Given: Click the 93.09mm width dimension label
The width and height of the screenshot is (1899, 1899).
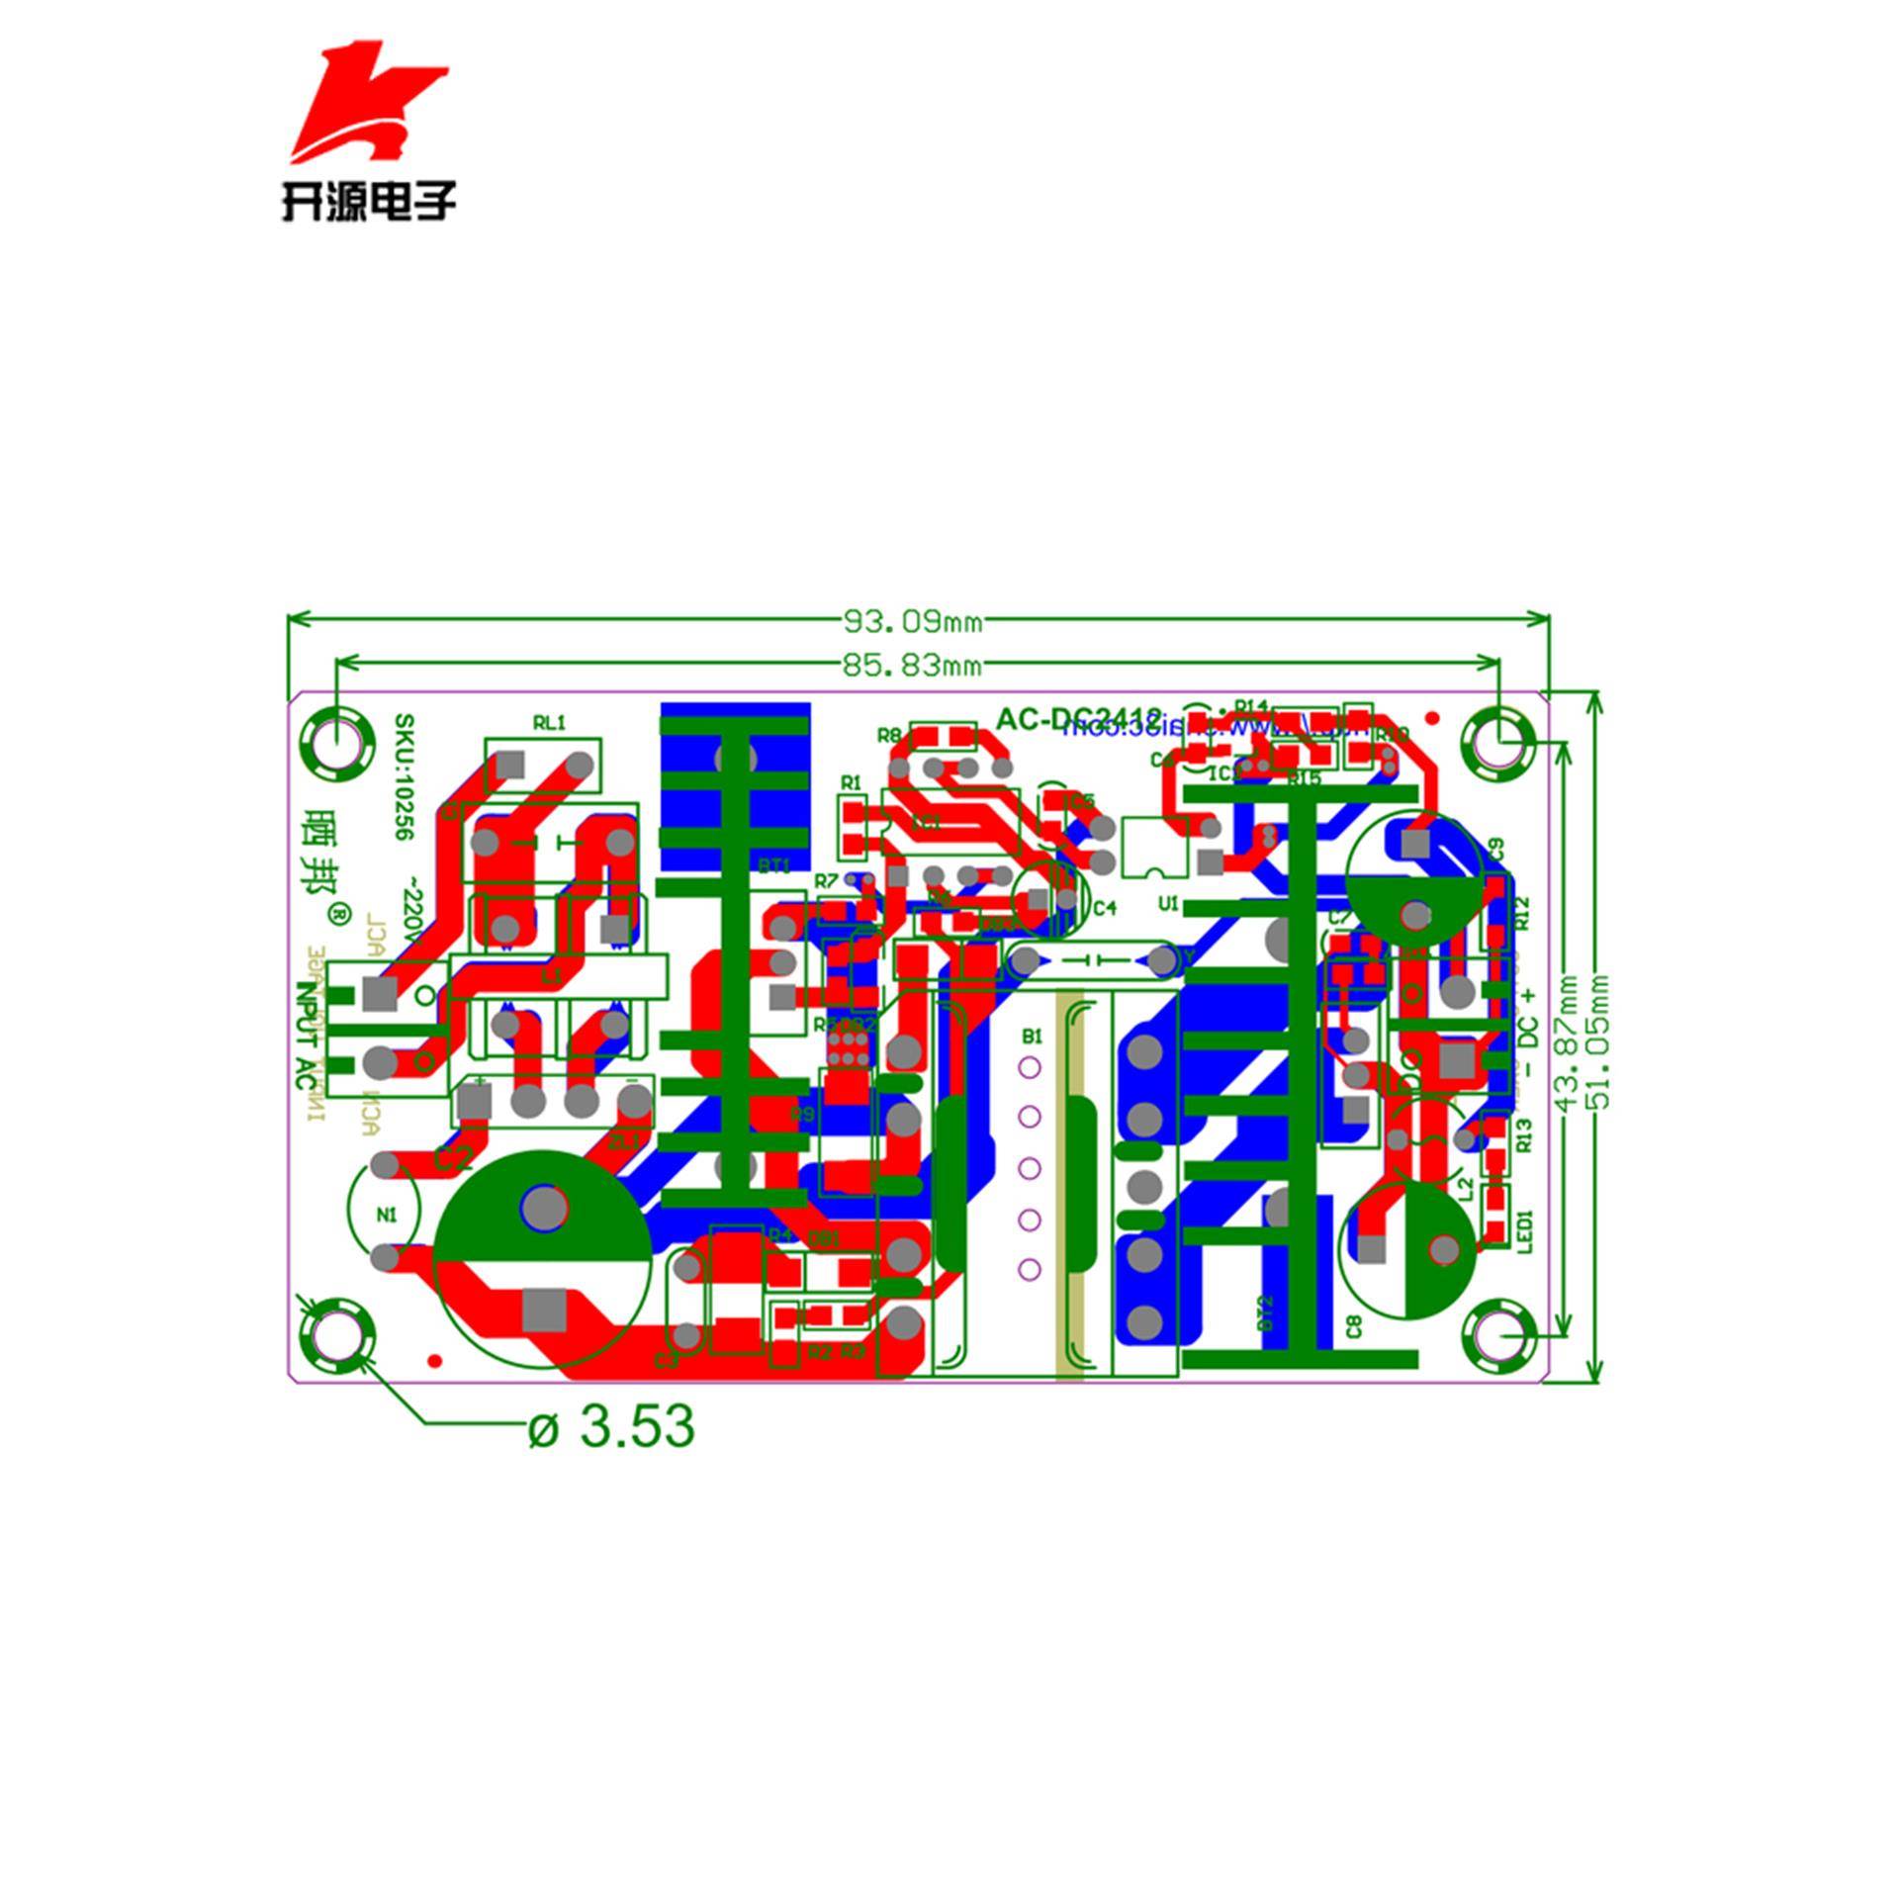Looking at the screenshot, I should click(x=912, y=621).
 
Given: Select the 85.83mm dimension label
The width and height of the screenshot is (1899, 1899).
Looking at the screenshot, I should click(x=912, y=666).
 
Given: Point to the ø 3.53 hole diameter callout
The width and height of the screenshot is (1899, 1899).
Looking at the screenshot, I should click(x=611, y=1425).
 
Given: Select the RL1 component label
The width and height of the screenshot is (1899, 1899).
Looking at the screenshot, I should click(x=549, y=723).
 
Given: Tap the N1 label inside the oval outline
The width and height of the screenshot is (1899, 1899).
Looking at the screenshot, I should click(x=387, y=1215).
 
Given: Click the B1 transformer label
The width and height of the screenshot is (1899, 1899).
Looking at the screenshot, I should click(x=1032, y=1037).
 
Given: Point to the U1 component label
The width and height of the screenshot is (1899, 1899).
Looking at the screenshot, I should click(x=1168, y=903).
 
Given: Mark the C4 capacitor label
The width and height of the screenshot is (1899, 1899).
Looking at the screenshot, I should click(x=1105, y=908).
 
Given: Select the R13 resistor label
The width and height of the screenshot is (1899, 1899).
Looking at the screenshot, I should click(x=1523, y=1135).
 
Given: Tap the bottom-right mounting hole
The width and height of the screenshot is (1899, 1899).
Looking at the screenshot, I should click(x=1499, y=1334).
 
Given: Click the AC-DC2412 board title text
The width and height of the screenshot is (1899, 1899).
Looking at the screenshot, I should click(x=1076, y=719).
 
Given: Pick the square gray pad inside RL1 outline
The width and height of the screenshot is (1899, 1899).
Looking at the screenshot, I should click(x=510, y=765).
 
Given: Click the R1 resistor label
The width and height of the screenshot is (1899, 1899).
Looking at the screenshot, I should click(x=851, y=782).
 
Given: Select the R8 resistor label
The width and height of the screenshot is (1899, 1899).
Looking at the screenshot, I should click(x=888, y=736).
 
